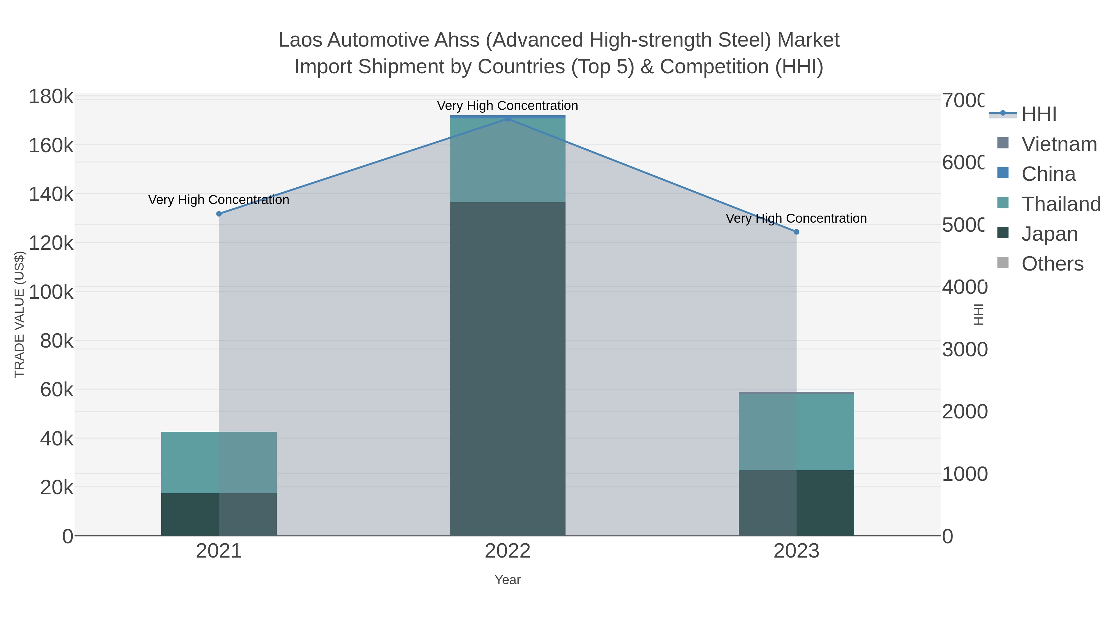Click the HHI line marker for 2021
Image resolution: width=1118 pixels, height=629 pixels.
pos(219,214)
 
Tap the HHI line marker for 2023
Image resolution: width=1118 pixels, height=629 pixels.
pos(796,232)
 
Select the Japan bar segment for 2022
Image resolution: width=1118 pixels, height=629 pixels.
pos(507,369)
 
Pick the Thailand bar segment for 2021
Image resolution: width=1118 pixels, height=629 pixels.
pos(219,462)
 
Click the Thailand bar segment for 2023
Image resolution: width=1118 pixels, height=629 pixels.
pos(796,432)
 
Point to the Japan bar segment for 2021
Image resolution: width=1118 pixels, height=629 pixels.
pos(219,514)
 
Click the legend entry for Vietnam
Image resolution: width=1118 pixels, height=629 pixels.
pos(1059,144)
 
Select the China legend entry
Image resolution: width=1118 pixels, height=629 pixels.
pos(1048,174)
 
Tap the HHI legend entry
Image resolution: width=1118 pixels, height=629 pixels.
pos(1038,114)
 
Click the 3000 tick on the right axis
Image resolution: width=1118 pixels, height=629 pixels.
pos(964,349)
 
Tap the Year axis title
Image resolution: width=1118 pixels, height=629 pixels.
pos(507,580)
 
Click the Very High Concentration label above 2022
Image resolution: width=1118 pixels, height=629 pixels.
pos(507,106)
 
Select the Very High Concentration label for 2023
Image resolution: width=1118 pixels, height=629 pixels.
pos(796,218)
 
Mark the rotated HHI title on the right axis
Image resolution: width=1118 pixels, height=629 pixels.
pos(978,314)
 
